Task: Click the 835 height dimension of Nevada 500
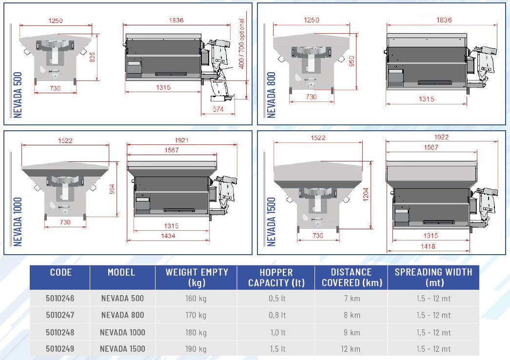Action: pos(92,58)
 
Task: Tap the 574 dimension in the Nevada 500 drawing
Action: pos(218,109)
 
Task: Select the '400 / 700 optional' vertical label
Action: pos(241,43)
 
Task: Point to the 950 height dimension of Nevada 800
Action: pos(352,61)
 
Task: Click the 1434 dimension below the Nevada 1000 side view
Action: pos(168,236)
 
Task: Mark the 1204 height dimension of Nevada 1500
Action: pos(366,194)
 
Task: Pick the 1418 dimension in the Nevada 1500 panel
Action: pos(428,246)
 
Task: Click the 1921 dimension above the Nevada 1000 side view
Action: pos(181,140)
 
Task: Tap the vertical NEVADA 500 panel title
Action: pos(18,95)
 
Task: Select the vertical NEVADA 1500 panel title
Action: pos(271,221)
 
